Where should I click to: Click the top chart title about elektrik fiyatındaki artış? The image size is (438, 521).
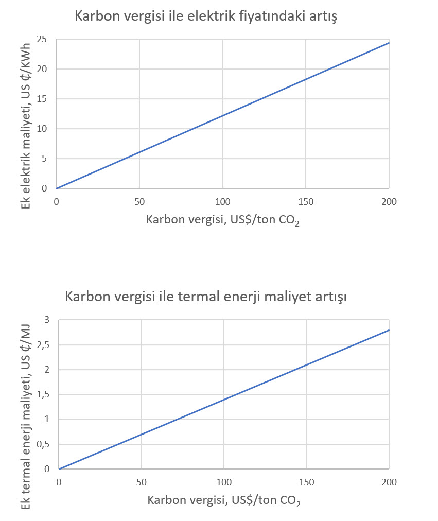pos(206,16)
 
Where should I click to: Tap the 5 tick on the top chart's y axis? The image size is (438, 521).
pos(45,159)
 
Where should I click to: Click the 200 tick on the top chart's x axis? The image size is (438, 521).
pos(389,201)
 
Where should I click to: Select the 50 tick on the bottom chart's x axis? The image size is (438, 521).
pos(142,482)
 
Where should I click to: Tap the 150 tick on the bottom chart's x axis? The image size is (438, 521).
pos(307,482)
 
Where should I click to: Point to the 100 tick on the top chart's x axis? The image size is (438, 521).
pos(222,201)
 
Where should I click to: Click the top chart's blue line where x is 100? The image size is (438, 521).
pos(222,115)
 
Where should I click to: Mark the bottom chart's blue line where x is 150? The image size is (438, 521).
pos(307,364)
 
